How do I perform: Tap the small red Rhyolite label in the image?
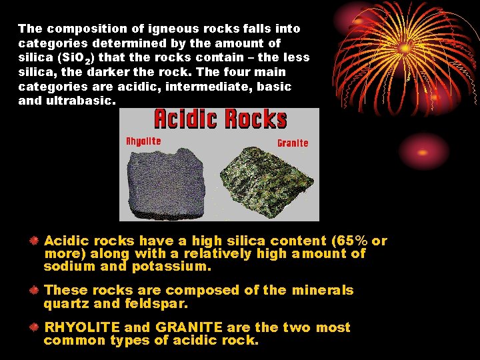pyautogui.click(x=143, y=141)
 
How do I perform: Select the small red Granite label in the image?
pyautogui.click(x=293, y=143)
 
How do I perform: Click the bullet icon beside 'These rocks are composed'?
pyautogui.click(x=33, y=291)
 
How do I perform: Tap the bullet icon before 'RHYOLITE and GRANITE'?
pyautogui.click(x=33, y=327)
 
